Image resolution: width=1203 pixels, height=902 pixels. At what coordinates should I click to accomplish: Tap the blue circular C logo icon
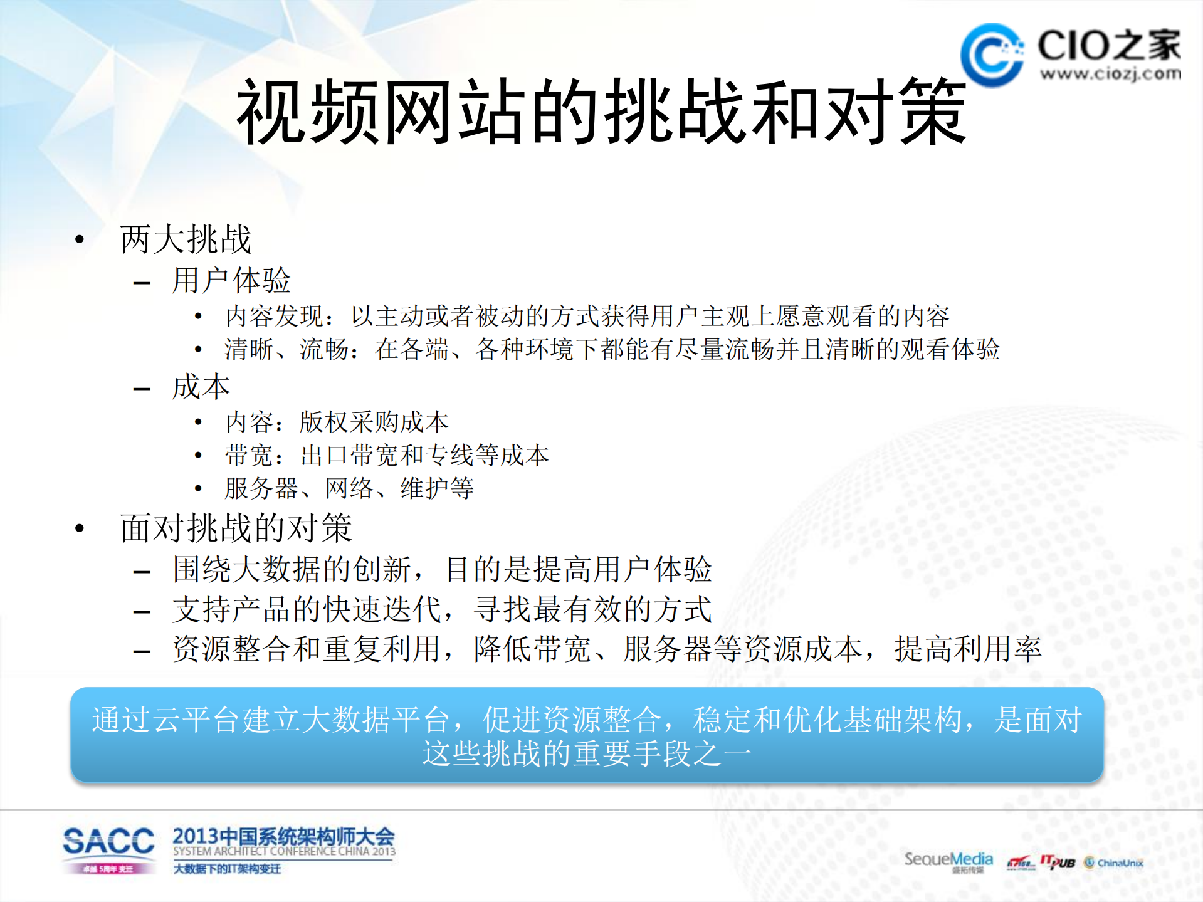[992, 55]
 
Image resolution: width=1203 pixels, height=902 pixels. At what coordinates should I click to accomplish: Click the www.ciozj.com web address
[1110, 74]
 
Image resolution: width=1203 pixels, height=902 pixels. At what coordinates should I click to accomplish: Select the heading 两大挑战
[186, 239]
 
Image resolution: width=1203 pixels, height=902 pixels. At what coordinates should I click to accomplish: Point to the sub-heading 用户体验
[231, 280]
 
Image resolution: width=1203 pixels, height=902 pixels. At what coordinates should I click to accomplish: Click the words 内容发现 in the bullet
[275, 316]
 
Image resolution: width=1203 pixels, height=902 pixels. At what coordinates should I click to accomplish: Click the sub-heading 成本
[201, 387]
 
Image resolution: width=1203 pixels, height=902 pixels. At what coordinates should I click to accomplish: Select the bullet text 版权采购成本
[374, 422]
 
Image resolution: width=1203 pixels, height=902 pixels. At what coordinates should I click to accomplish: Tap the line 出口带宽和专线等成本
[424, 455]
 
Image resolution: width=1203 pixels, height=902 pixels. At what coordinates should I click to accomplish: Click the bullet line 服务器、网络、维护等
[349, 488]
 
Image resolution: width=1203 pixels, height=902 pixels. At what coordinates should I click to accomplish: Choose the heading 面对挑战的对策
[236, 528]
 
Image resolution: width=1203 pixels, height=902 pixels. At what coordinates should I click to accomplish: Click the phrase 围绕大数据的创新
[292, 569]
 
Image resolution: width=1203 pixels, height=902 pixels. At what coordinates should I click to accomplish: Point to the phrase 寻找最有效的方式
[593, 609]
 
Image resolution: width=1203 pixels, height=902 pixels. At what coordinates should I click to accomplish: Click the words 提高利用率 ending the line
[967, 649]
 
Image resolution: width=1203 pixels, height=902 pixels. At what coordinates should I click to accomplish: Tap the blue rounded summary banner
[587, 735]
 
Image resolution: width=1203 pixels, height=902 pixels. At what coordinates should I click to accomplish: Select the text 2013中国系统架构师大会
[283, 836]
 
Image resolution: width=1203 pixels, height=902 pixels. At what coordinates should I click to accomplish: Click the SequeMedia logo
[948, 860]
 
